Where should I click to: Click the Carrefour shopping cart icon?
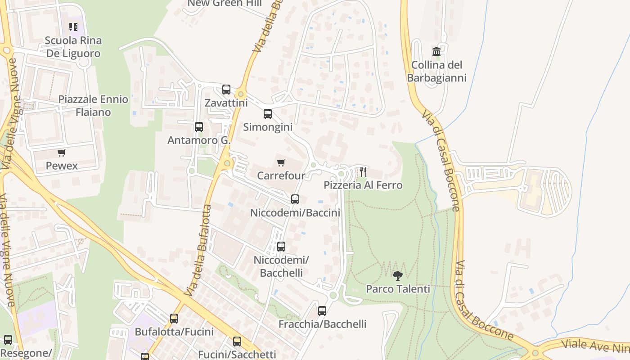[x=281, y=162]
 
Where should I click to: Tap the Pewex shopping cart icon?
[x=62, y=153]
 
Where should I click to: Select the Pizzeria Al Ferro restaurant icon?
[x=363, y=171]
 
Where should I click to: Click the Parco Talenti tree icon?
[x=397, y=275]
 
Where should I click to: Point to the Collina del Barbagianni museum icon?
[x=436, y=51]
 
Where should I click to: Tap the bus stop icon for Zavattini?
[x=226, y=90]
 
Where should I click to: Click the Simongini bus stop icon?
[x=268, y=114]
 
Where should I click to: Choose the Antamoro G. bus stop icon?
[x=199, y=127]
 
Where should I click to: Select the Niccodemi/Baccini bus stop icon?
[x=295, y=199]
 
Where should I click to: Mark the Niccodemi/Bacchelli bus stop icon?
[x=281, y=247]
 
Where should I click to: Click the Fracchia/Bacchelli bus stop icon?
[x=322, y=311]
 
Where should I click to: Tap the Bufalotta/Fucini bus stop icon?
[x=174, y=319]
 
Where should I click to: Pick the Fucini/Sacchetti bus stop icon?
[x=237, y=342]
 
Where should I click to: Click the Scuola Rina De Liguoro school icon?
[x=73, y=27]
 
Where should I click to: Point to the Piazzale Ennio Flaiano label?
[x=93, y=106]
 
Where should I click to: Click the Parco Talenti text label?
[x=398, y=289]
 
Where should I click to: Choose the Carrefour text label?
[x=281, y=175]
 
